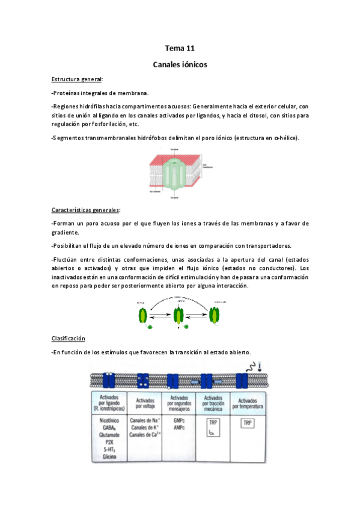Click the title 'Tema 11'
coord(180,48)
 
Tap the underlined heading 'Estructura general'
coord(76,79)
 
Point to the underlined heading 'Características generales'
coord(85,210)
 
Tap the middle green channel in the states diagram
coord(178,315)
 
